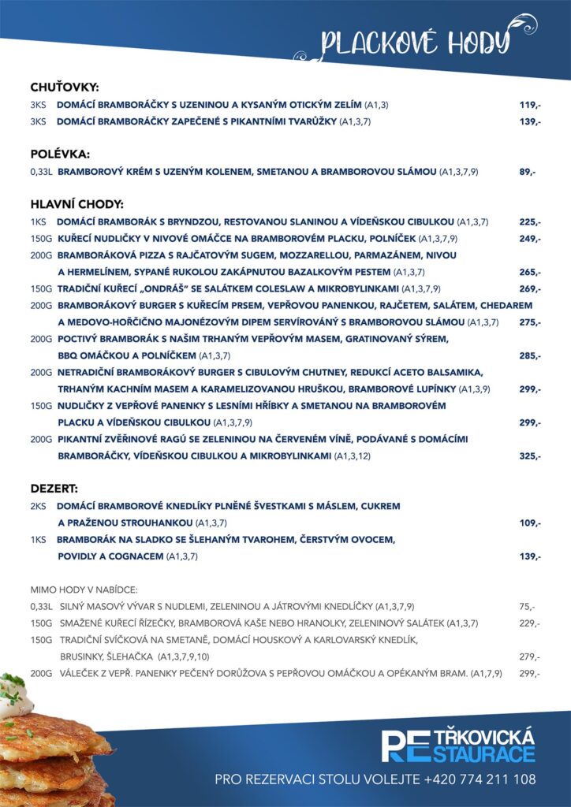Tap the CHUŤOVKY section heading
tap(64, 87)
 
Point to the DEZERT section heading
tap(54, 489)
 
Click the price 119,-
tap(529, 105)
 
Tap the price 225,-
tap(529, 221)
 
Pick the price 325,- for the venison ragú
tap(529, 456)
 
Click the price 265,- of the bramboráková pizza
tap(529, 272)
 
